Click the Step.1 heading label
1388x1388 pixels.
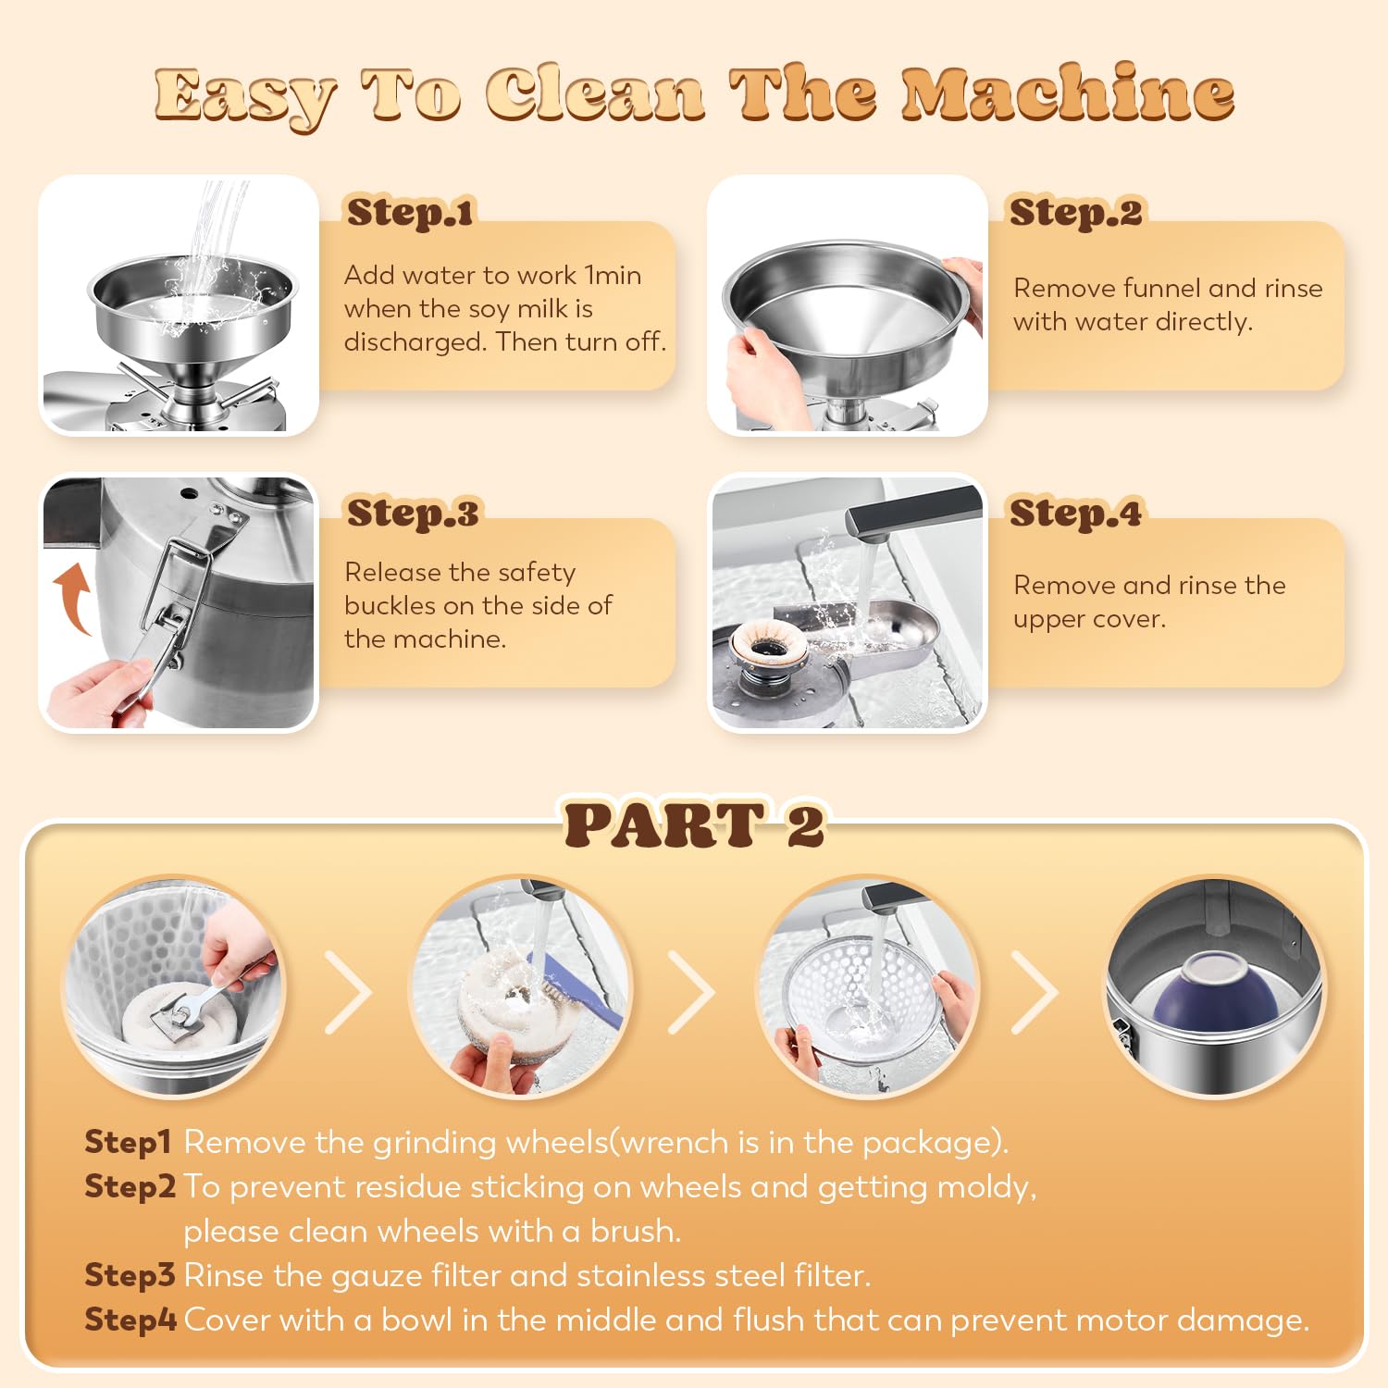click(x=410, y=213)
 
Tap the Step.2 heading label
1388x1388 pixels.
click(x=1076, y=213)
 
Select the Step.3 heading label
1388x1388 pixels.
click(x=413, y=513)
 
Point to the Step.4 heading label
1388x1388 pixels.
click(x=1076, y=513)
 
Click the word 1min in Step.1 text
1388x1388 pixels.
click(x=613, y=275)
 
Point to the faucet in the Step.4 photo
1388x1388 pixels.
click(x=912, y=513)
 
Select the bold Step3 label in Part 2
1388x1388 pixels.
click(x=130, y=1275)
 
